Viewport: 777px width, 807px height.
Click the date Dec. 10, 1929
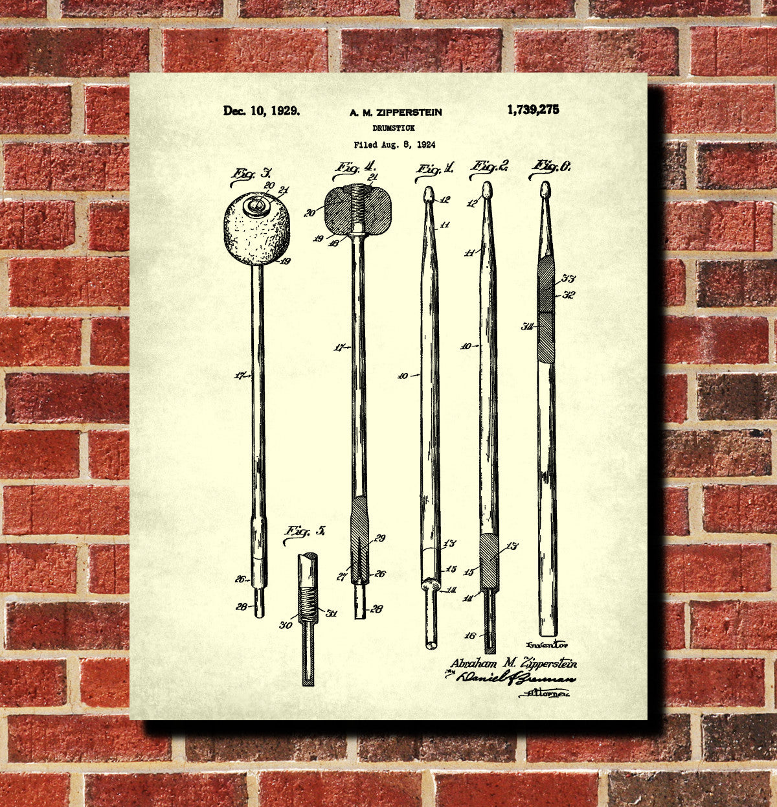coord(262,111)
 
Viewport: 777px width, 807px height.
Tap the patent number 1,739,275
coord(533,110)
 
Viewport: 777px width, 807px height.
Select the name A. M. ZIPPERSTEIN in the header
coord(396,113)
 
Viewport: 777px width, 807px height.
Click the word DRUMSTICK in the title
coord(394,128)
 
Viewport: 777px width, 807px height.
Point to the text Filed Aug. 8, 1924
coord(394,145)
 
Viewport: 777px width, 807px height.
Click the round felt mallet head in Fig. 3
coord(256,229)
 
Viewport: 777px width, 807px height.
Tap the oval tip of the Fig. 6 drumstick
coord(546,189)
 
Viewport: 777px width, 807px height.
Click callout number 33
coord(569,278)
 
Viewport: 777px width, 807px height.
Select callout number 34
coord(528,326)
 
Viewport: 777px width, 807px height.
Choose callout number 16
coord(470,635)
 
